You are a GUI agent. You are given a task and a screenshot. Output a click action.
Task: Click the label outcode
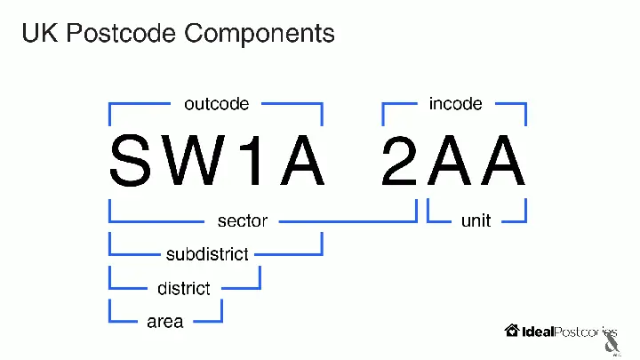(x=216, y=104)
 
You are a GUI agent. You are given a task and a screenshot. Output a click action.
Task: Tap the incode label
(x=455, y=104)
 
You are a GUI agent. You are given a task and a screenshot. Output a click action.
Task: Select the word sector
(x=243, y=220)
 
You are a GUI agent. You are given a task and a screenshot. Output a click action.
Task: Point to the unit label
(x=476, y=220)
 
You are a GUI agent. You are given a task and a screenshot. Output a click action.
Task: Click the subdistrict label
(x=207, y=254)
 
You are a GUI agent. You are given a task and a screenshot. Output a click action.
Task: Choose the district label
(x=184, y=288)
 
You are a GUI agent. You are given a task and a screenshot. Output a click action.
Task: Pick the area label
(x=165, y=322)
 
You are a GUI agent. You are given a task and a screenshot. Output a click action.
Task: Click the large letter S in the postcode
(x=131, y=160)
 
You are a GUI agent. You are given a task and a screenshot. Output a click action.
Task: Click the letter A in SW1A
(x=302, y=160)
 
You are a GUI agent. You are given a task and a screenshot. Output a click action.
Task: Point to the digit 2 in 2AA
(x=399, y=160)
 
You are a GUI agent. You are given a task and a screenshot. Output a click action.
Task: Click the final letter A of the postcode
(x=503, y=160)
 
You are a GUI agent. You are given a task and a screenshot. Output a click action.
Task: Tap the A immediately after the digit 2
(x=450, y=160)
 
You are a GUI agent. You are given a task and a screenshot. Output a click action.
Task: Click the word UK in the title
(x=40, y=33)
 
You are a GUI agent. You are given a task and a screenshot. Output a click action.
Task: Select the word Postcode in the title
(x=121, y=33)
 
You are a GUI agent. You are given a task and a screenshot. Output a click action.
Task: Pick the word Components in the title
(x=260, y=33)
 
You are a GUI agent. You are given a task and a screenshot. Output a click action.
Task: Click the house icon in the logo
(x=512, y=330)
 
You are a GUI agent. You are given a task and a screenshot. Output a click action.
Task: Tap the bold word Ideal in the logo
(x=538, y=332)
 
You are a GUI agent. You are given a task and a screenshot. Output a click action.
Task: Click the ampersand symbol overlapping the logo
(x=612, y=344)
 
